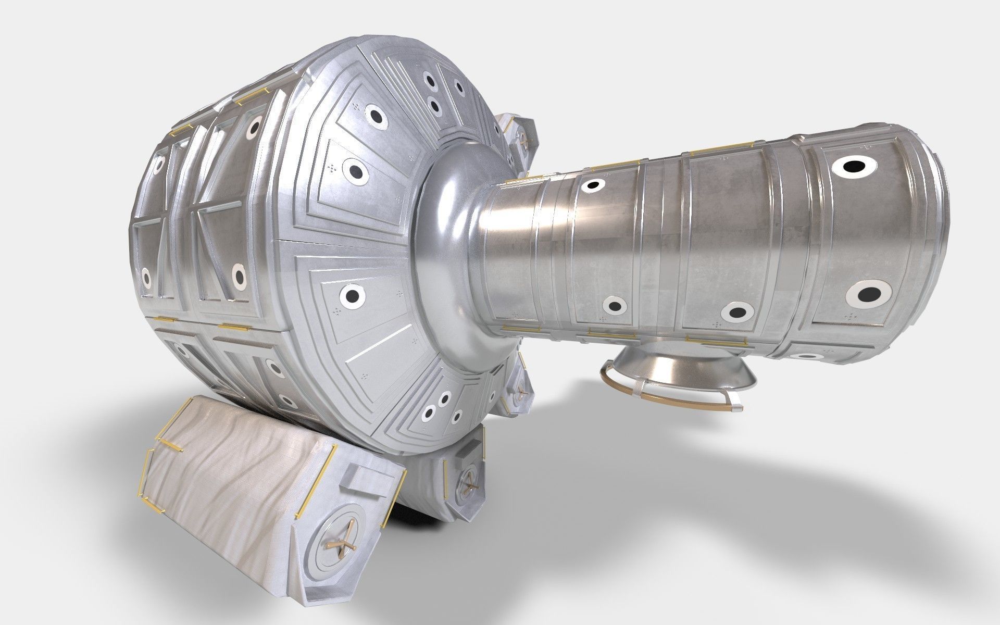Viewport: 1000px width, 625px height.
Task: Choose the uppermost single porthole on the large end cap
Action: (x=374, y=115)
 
